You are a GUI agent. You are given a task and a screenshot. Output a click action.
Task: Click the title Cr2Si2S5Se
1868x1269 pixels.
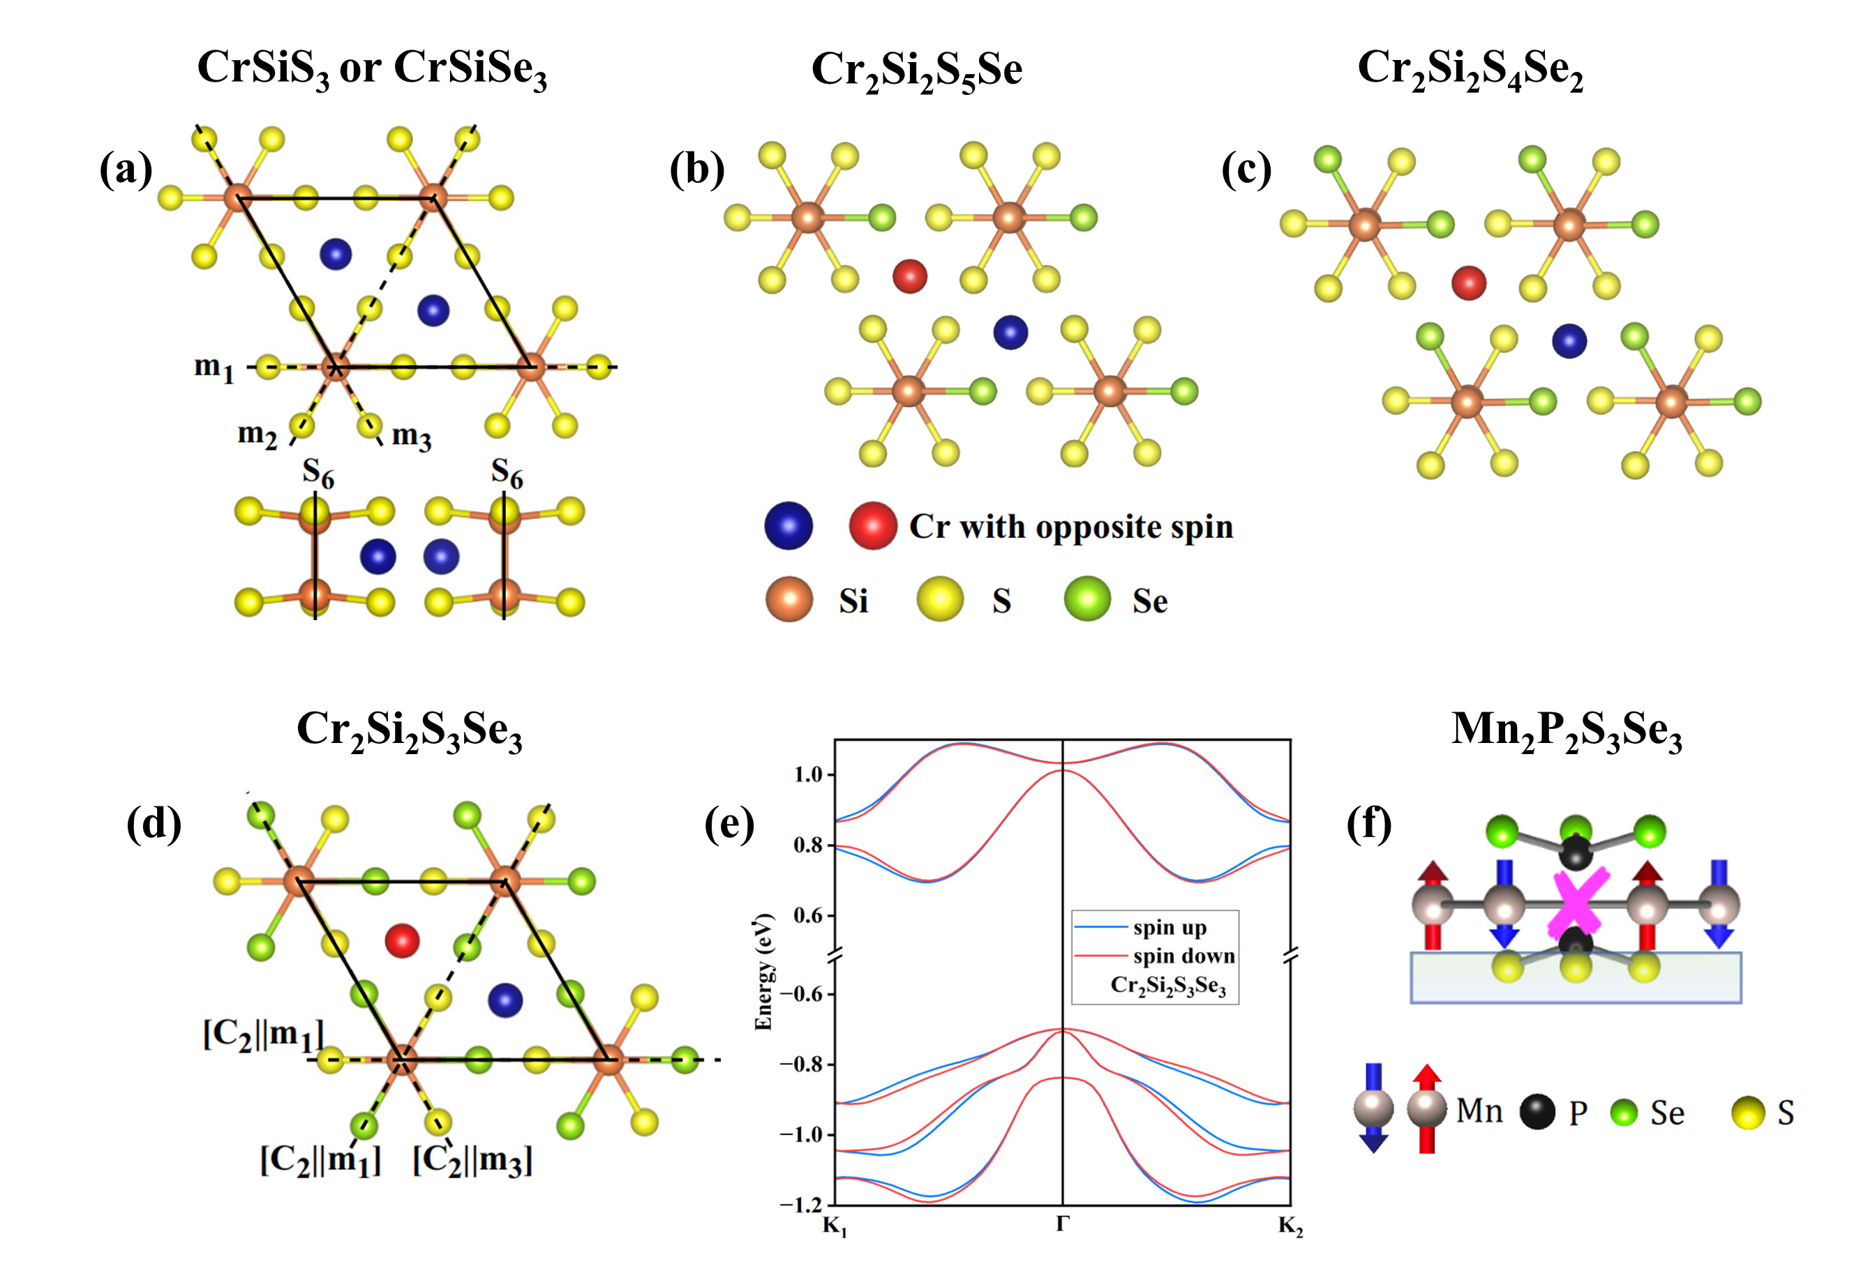[x=916, y=70]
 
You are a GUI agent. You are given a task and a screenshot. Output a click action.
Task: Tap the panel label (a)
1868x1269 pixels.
[x=126, y=170]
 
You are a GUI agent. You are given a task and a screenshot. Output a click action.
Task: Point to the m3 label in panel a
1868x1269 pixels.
[x=411, y=437]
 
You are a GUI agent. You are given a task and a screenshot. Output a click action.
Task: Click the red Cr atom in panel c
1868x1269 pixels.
[x=1469, y=283]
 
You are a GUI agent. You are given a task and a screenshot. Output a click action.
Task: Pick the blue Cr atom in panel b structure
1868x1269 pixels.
[x=1010, y=332]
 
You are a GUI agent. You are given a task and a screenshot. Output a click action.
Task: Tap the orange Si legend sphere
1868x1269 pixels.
[x=789, y=599]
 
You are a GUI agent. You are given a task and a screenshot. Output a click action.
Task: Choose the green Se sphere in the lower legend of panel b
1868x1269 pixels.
[x=1086, y=599]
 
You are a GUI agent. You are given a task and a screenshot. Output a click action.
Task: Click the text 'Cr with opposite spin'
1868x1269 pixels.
[x=1070, y=527]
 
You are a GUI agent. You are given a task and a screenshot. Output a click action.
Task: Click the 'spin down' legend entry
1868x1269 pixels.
[x=1183, y=956]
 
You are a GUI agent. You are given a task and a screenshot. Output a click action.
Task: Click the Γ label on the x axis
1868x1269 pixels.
[x=1063, y=1224]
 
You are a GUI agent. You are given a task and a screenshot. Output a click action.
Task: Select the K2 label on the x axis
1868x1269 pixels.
[x=1290, y=1226]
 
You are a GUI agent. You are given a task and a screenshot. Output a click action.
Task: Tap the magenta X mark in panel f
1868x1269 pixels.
[x=1578, y=905]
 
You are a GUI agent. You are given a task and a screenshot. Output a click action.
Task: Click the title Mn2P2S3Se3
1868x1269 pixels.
[x=1566, y=731]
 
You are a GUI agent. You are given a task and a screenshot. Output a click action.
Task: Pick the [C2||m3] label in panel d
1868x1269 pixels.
[x=472, y=1159]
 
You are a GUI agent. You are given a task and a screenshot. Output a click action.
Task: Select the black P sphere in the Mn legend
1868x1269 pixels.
[x=1537, y=1112]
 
